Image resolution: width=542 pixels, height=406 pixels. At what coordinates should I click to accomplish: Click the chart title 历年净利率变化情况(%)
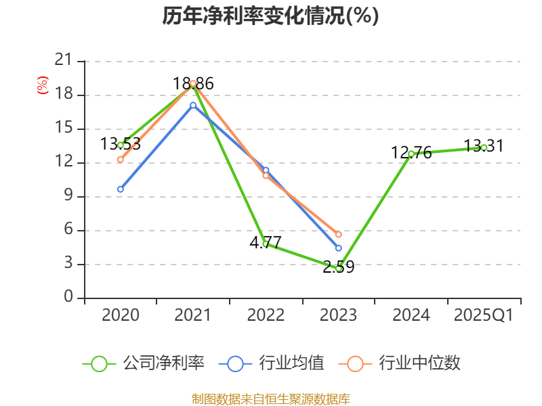point(270,16)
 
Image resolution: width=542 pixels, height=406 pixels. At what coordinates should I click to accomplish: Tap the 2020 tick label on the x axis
point(121,315)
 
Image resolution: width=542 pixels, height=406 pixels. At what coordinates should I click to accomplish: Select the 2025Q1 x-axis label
point(484,315)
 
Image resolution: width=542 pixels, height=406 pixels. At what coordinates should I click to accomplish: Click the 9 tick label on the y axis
point(68,197)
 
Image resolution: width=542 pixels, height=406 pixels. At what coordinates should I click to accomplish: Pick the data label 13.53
point(121,143)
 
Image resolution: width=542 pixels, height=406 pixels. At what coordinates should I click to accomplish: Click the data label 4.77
point(266,242)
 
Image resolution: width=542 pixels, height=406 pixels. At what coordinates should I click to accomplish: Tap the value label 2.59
point(338,267)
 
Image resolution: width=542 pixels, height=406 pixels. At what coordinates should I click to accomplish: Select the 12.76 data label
point(411,152)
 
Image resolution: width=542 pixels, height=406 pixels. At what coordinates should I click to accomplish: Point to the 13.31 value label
point(484,145)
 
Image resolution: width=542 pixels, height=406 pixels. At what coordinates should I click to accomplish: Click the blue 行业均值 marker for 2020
point(121,189)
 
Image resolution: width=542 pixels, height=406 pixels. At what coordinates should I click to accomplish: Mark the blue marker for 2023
point(339,248)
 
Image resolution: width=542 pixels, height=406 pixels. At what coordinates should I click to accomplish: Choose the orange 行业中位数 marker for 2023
point(339,234)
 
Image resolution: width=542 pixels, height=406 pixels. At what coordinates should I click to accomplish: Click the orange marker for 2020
point(121,159)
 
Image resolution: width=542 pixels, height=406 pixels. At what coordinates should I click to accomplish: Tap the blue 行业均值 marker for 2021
point(193,105)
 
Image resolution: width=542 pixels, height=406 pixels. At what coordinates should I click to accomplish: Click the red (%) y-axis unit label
point(43,85)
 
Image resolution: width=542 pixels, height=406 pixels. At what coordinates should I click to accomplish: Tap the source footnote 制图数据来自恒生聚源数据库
point(271,399)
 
